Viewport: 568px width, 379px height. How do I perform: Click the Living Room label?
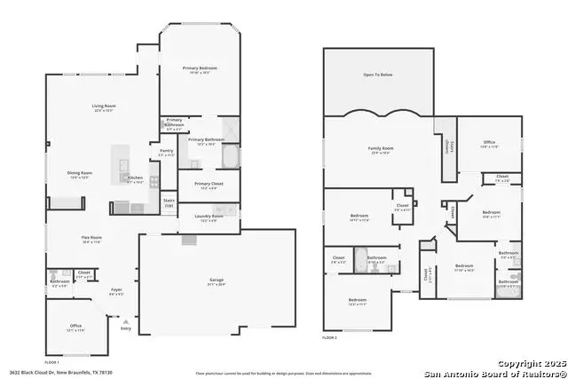(x=105, y=107)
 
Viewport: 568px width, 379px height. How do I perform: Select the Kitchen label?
(x=135, y=178)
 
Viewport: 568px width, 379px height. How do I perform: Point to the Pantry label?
(x=166, y=151)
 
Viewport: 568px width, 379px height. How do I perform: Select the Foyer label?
(x=116, y=288)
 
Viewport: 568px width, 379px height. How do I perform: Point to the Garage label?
(x=205, y=280)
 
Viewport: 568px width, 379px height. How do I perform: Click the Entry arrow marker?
(x=126, y=323)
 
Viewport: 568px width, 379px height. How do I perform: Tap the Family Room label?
(x=380, y=148)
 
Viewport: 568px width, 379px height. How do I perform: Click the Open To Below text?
(x=379, y=75)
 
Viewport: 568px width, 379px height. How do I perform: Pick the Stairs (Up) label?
(x=169, y=202)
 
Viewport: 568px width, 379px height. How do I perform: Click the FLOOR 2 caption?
(x=329, y=338)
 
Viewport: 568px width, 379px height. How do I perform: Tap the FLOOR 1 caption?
(x=52, y=362)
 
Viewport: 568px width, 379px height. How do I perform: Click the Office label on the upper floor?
(x=489, y=142)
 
